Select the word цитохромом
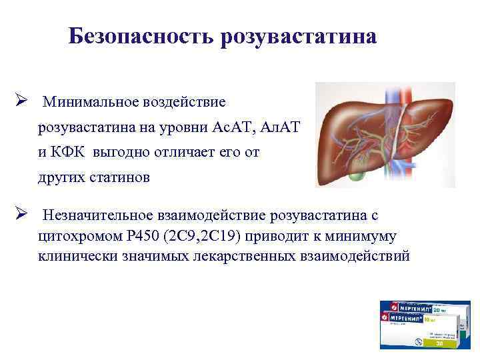tap(73, 236)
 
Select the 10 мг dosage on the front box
tap(441, 321)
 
